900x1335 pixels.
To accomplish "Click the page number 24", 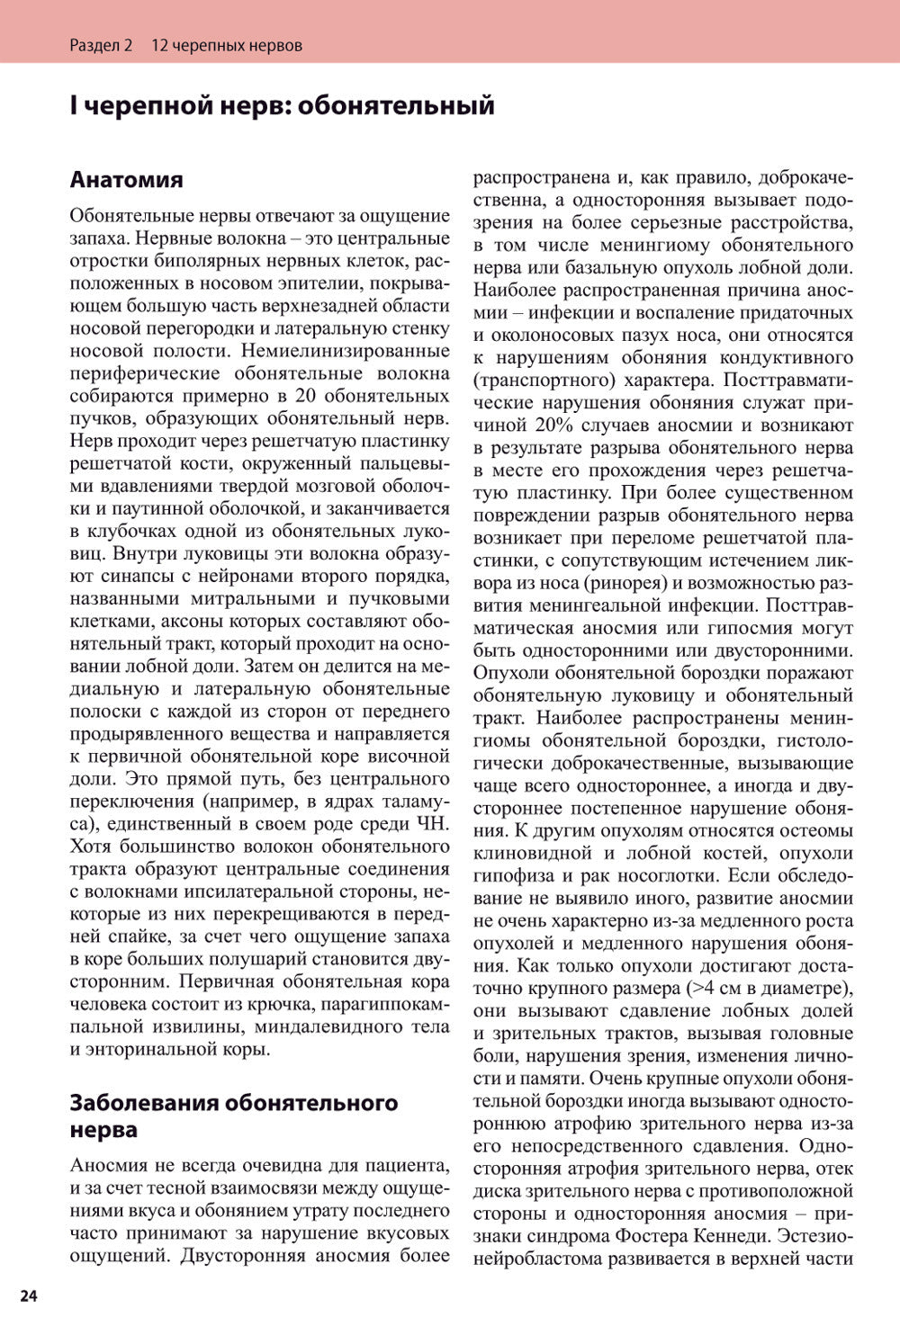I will [x=28, y=1295].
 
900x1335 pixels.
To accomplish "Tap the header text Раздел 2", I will [x=101, y=45].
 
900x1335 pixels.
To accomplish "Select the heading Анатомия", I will [x=126, y=179].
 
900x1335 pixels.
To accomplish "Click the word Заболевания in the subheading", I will [x=144, y=1103].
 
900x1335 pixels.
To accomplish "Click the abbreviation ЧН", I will [x=432, y=823].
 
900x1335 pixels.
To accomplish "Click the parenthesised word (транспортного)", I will [x=544, y=380].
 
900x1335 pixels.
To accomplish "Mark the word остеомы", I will [x=815, y=830].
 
